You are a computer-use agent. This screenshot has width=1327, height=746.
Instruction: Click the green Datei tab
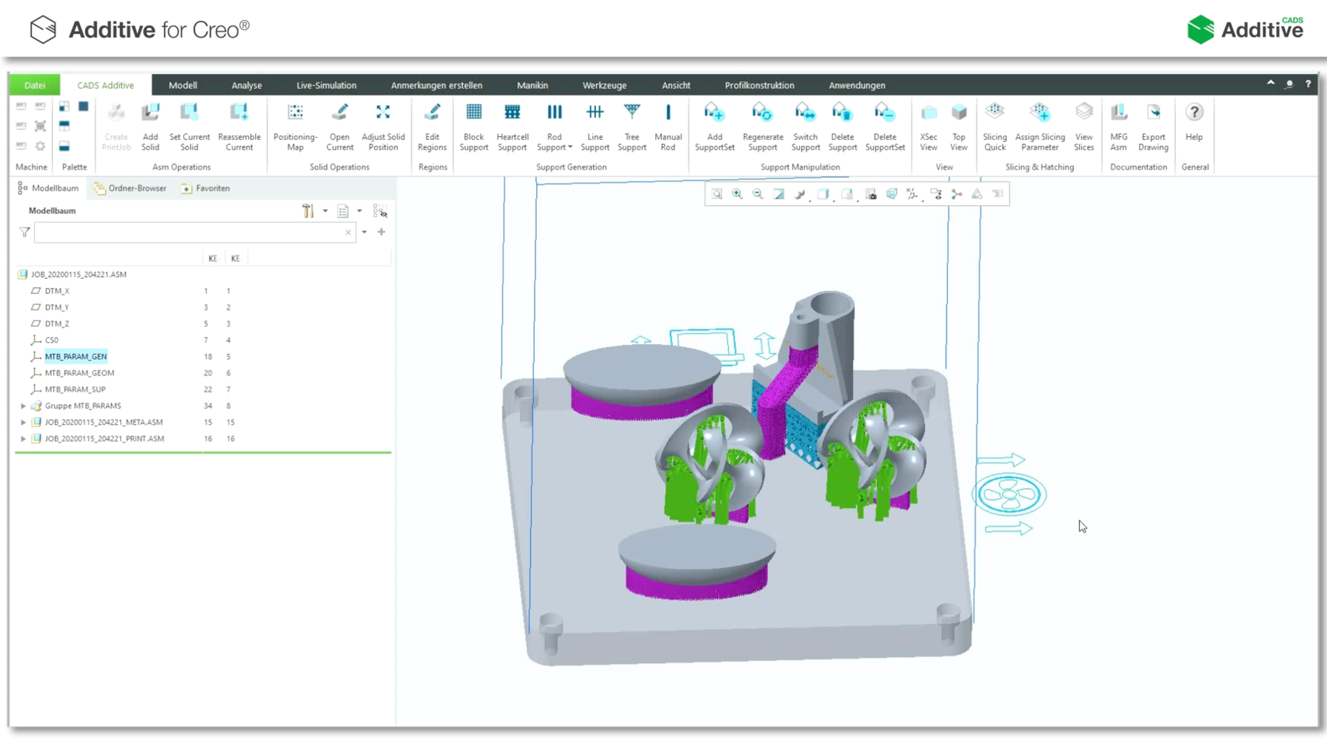tap(34, 85)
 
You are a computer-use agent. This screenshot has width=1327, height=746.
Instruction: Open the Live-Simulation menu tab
tap(326, 85)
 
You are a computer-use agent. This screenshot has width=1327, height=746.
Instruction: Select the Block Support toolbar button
tap(474, 127)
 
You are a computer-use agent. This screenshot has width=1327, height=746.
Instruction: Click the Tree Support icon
tap(632, 112)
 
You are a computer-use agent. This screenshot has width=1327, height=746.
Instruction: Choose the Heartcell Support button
tap(512, 127)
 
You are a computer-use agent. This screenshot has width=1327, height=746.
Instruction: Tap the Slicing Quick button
tap(995, 127)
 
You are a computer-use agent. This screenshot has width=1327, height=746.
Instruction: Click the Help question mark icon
tap(1194, 112)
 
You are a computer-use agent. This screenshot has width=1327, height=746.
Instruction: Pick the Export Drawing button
tap(1153, 127)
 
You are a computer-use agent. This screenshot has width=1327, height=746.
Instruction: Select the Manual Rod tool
tap(668, 127)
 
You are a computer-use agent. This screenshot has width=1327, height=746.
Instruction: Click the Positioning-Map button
tap(295, 127)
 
